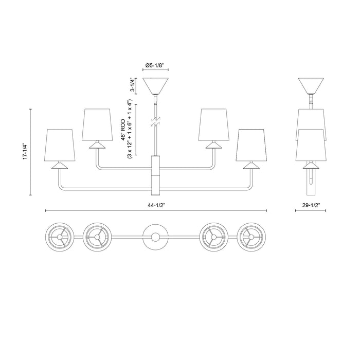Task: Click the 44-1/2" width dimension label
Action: tap(156, 205)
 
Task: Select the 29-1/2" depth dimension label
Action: tap(311, 205)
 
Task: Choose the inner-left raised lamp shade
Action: tap(97, 124)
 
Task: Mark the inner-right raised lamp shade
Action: tap(214, 124)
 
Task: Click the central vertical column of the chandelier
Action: tap(156, 175)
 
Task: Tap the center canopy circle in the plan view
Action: tap(156, 237)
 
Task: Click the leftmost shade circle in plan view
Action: tap(60, 237)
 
